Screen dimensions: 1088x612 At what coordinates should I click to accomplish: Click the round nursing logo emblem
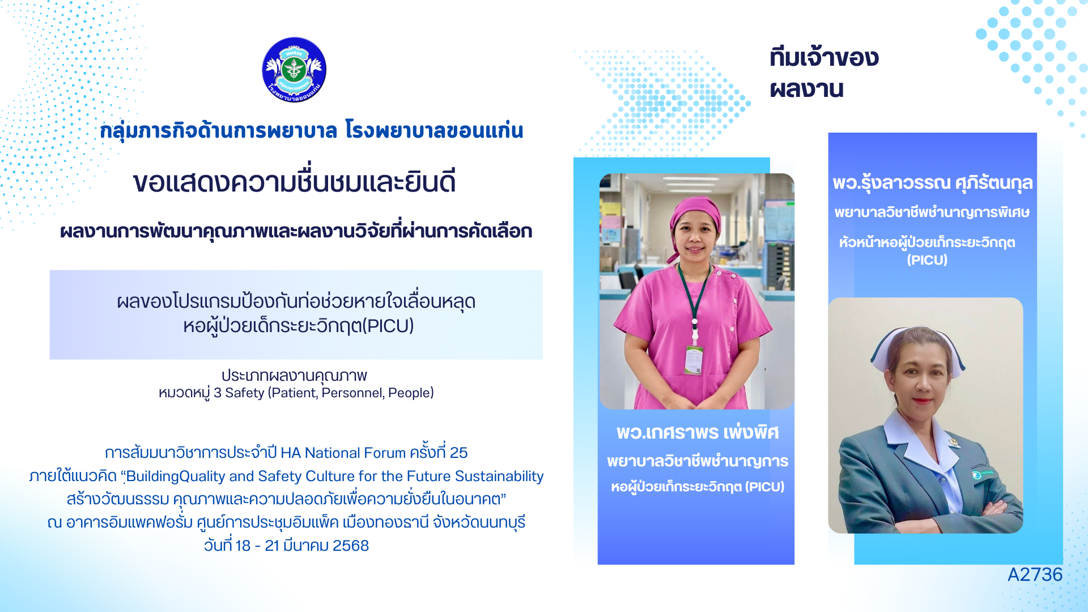[294, 70]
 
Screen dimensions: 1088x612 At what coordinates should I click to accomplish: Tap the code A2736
[1035, 575]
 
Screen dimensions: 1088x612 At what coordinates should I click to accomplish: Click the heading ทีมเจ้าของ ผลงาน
[824, 73]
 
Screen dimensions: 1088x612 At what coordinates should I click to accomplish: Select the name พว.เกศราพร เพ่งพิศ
[698, 433]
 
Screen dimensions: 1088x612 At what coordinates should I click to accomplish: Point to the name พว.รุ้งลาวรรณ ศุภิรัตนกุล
[932, 183]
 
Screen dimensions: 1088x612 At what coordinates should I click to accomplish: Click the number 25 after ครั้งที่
[458, 453]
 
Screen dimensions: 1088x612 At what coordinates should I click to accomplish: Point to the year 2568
[351, 546]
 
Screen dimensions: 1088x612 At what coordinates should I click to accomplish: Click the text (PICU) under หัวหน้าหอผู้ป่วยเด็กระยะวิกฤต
[927, 260]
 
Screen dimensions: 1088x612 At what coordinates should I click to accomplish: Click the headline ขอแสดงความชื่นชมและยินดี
[295, 182]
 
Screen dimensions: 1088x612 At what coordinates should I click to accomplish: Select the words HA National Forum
[343, 453]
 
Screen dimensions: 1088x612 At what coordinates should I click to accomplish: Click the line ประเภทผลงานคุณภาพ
[294, 376]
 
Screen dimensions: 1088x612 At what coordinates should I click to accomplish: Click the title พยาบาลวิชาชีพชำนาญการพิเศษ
[932, 212]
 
